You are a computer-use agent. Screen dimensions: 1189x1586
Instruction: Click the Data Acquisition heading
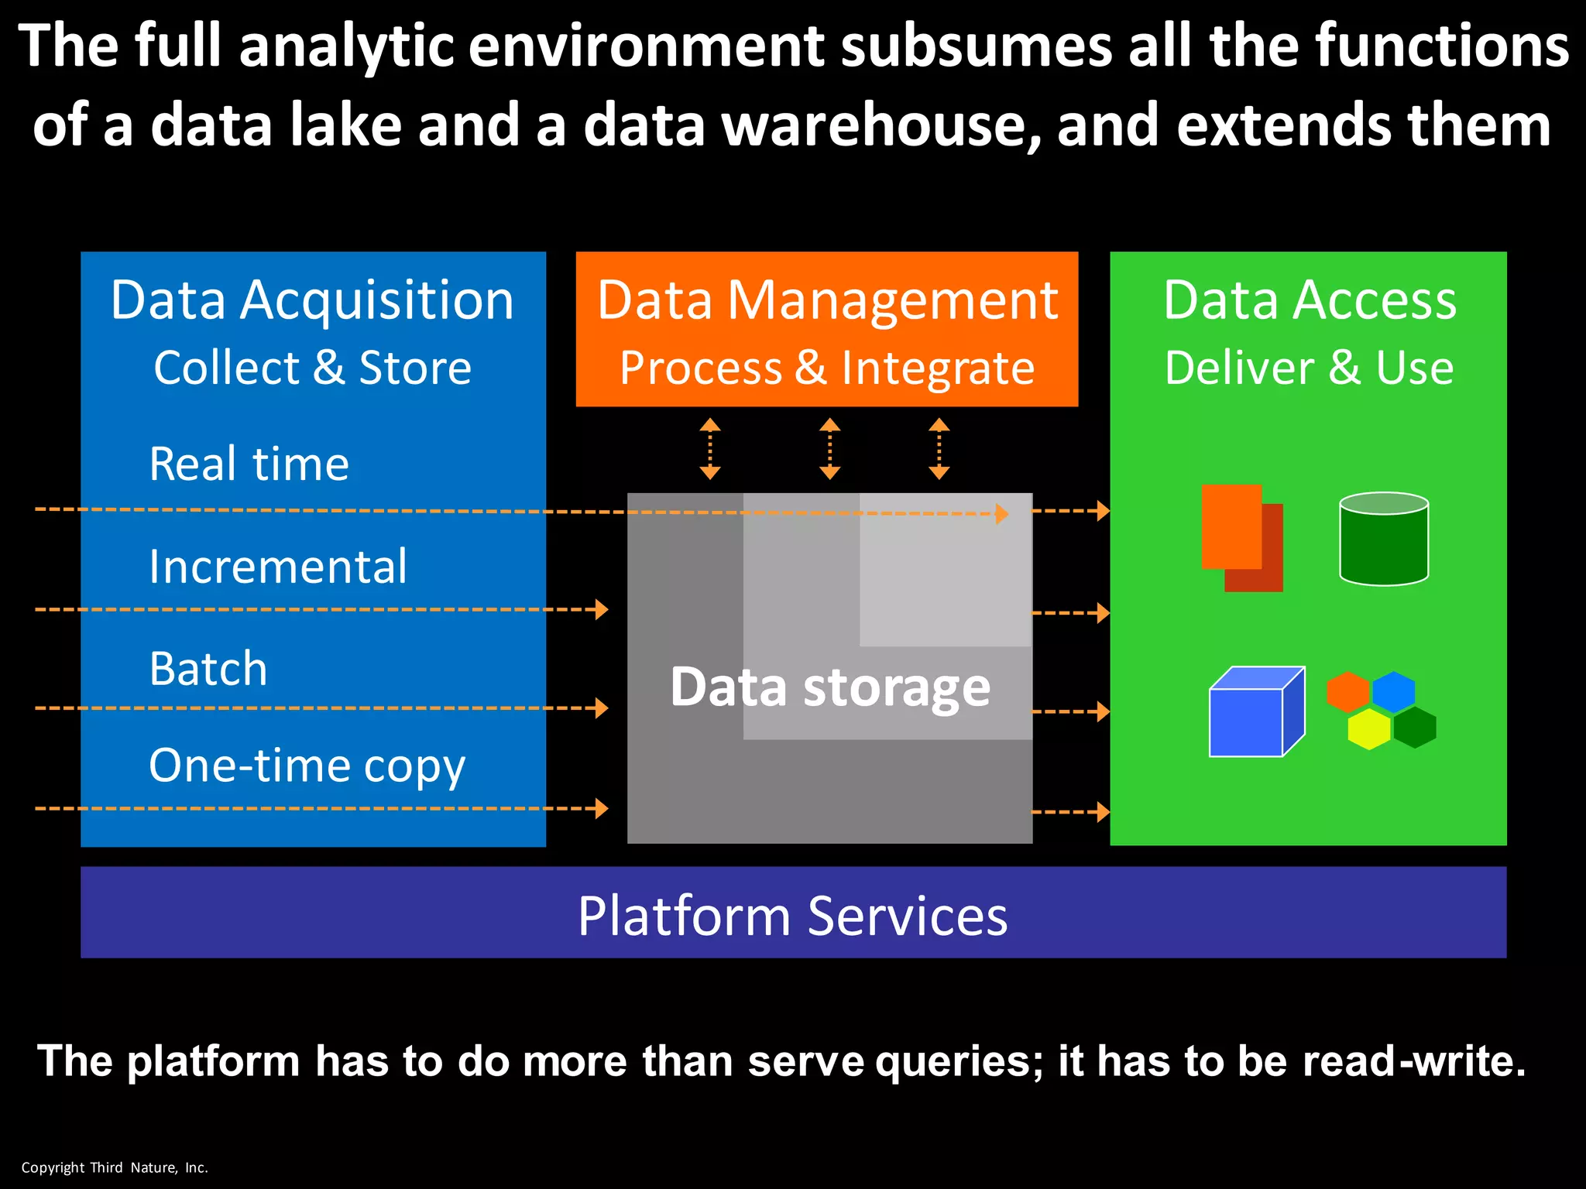pyautogui.click(x=312, y=300)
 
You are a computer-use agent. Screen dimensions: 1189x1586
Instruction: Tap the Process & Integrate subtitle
pyautogui.click(x=826, y=368)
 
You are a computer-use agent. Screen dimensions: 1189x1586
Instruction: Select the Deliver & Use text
pyautogui.click(x=1309, y=368)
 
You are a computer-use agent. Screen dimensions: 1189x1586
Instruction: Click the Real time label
pyautogui.click(x=249, y=464)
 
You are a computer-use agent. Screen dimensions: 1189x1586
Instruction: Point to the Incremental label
pyautogui.click(x=277, y=567)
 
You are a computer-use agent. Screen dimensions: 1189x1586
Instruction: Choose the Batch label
pyautogui.click(x=208, y=669)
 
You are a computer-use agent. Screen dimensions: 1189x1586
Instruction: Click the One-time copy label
pyautogui.click(x=307, y=766)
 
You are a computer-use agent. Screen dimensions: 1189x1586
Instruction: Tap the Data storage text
pyautogui.click(x=829, y=687)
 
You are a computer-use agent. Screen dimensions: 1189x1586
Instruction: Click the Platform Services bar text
pyautogui.click(x=792, y=917)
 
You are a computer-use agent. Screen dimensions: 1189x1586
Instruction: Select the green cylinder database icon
pyautogui.click(x=1383, y=540)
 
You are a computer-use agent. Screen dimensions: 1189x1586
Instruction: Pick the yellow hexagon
pyautogui.click(x=1368, y=729)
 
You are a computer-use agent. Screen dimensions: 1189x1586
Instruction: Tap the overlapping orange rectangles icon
pyautogui.click(x=1241, y=537)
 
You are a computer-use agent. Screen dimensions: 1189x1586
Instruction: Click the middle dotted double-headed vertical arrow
pyautogui.click(x=829, y=449)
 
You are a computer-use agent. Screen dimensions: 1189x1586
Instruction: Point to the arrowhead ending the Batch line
pyautogui.click(x=602, y=708)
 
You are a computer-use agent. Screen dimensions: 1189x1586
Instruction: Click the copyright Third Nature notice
pyautogui.click(x=115, y=1168)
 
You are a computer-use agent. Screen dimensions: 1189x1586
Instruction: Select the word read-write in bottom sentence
pyautogui.click(x=1414, y=1061)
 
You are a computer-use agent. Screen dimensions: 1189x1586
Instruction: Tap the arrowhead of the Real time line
pyautogui.click(x=1001, y=513)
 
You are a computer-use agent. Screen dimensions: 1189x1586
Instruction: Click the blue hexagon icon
pyautogui.click(x=1393, y=691)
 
